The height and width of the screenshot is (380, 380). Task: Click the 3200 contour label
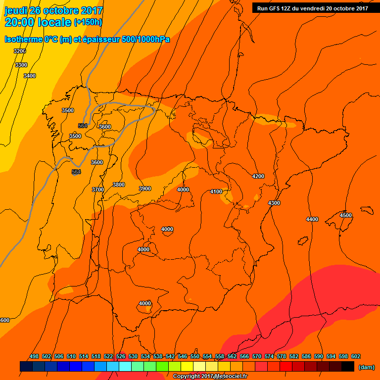point(20,51)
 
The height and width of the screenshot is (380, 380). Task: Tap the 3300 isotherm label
point(21,65)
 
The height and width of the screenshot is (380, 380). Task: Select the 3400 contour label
point(30,76)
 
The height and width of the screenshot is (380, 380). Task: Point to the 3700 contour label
point(98,190)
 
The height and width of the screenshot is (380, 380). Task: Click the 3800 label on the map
point(119,185)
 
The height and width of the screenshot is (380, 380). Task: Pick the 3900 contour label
point(145,189)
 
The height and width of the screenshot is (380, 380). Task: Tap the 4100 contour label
point(216,191)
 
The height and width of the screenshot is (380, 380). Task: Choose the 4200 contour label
point(258,176)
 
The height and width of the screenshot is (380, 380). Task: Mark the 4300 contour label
point(274,203)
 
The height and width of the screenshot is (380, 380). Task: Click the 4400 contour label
point(312,219)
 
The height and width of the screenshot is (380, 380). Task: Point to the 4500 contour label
point(346,215)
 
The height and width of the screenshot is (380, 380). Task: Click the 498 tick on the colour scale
point(34,356)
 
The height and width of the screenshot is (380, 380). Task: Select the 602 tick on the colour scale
point(356,356)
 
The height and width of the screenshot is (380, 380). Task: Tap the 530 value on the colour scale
point(133,356)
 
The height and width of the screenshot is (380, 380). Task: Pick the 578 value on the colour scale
point(282,356)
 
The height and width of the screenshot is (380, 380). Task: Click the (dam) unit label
point(366,367)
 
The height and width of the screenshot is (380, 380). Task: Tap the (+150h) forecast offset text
point(88,22)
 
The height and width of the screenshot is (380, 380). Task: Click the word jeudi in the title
point(17,10)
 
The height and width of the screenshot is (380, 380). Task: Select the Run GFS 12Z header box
point(313,8)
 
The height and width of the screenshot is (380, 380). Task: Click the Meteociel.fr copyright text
point(210,377)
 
